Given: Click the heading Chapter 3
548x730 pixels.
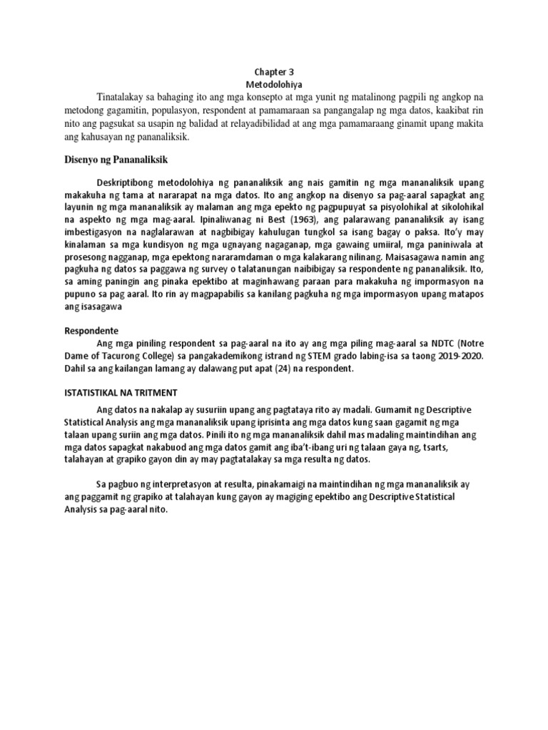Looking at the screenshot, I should [x=274, y=72].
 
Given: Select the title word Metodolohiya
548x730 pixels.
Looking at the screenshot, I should [x=274, y=83].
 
